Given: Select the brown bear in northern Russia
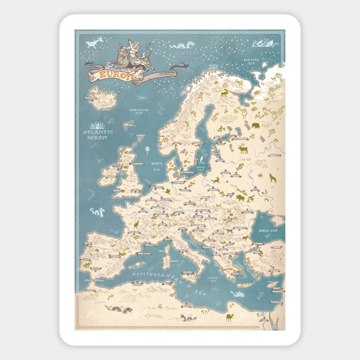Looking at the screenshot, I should tap(254, 126).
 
